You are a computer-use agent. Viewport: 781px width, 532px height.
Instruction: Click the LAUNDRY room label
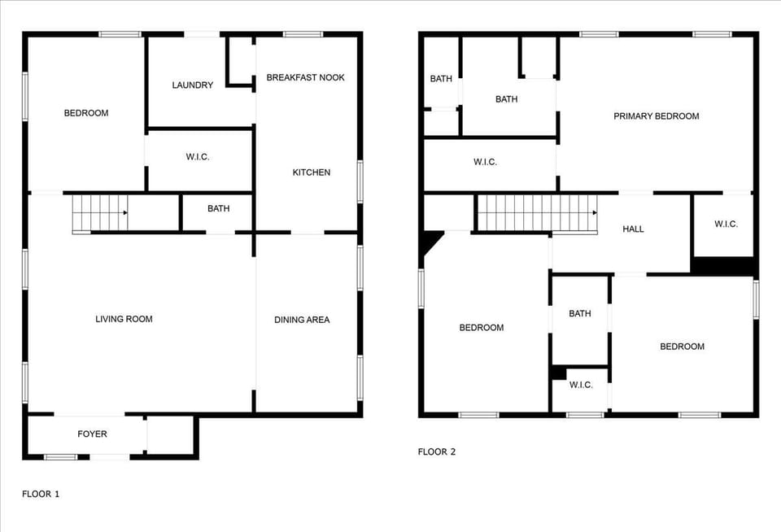pyautogui.click(x=193, y=85)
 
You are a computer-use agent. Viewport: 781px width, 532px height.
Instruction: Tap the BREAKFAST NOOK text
pyautogui.click(x=305, y=77)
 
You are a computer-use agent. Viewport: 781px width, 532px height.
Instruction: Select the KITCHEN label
pyautogui.click(x=312, y=172)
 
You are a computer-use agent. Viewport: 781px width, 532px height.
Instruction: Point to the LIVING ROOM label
pyautogui.click(x=124, y=319)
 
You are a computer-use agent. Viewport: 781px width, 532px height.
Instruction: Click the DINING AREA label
pyautogui.click(x=302, y=320)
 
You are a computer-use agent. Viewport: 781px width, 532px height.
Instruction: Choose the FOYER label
pyautogui.click(x=92, y=434)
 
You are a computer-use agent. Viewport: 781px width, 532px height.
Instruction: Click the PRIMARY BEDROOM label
pyautogui.click(x=656, y=116)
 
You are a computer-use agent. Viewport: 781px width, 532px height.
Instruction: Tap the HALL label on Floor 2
pyautogui.click(x=633, y=229)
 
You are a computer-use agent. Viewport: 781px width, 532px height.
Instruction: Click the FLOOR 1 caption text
pyautogui.click(x=41, y=494)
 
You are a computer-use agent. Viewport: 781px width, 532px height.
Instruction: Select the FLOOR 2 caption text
pyautogui.click(x=437, y=451)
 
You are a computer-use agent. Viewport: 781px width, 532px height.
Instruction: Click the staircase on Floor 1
pyautogui.click(x=100, y=213)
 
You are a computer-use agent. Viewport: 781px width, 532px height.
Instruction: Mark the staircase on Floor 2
pyautogui.click(x=535, y=213)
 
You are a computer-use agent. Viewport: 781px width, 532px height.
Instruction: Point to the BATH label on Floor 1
pyautogui.click(x=218, y=209)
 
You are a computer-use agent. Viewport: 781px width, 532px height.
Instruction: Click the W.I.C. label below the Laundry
pyautogui.click(x=198, y=156)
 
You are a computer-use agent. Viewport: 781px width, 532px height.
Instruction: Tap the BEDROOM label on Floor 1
pyautogui.click(x=86, y=113)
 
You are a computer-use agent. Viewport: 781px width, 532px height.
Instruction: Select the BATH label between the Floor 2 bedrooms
pyautogui.click(x=580, y=313)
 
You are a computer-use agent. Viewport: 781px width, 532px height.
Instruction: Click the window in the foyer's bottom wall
pyautogui.click(x=60, y=457)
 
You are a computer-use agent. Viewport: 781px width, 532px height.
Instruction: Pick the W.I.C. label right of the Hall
pyautogui.click(x=726, y=225)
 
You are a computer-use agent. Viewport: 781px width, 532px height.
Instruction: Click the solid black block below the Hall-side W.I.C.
pyautogui.click(x=723, y=267)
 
